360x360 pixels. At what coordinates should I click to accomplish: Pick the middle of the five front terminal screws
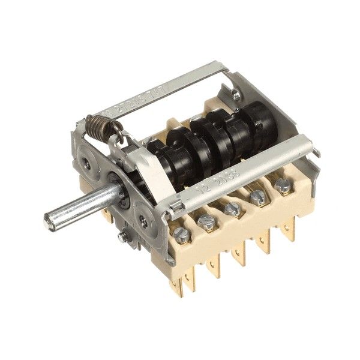(232, 209)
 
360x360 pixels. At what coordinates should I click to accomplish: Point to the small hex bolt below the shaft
(122, 238)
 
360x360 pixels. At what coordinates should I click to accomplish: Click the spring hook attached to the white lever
(127, 142)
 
